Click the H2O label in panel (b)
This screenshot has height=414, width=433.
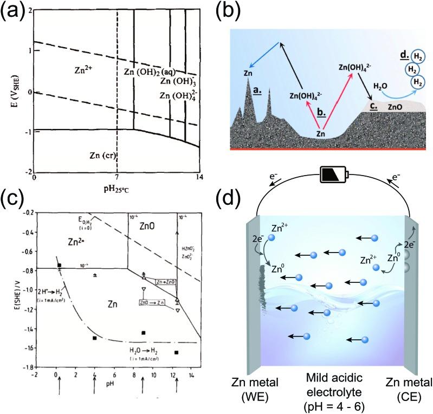[382, 86]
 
